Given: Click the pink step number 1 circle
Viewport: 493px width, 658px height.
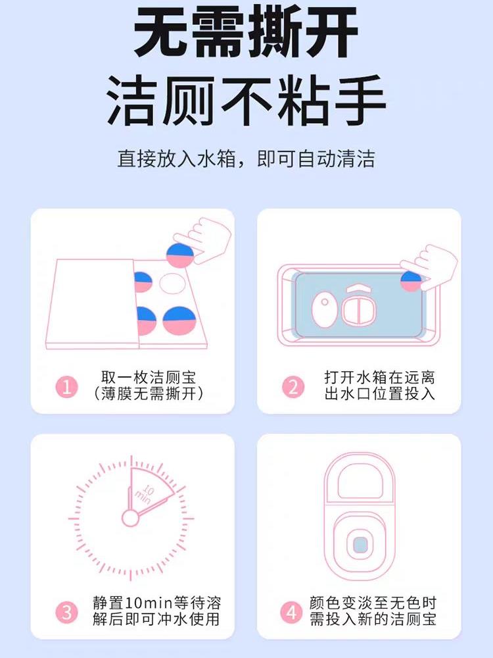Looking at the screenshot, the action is point(66,386).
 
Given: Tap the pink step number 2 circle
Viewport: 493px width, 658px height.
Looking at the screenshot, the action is point(293,386).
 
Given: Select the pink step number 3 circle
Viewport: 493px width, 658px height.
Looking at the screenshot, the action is point(66,612).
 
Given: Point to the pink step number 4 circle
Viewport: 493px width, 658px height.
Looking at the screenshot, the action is point(291,612).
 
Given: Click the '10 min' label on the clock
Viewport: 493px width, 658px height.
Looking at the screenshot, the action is point(145,493).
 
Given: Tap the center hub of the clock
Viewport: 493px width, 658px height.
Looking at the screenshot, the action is point(130,519).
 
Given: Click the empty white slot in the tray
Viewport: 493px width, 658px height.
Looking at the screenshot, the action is point(172,284).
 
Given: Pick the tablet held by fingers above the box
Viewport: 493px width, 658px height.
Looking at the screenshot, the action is point(180,255).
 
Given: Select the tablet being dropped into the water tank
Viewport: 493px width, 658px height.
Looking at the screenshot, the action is point(411,281).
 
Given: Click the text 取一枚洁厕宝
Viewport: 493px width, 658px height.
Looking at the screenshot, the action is point(149,377).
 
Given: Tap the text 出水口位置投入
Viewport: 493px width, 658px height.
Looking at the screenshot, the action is point(380,393).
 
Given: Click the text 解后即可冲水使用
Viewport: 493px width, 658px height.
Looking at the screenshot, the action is point(156,619).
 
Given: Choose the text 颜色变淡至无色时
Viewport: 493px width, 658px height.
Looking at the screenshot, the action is point(373,603).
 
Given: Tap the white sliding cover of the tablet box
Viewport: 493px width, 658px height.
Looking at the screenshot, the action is point(91,303).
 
